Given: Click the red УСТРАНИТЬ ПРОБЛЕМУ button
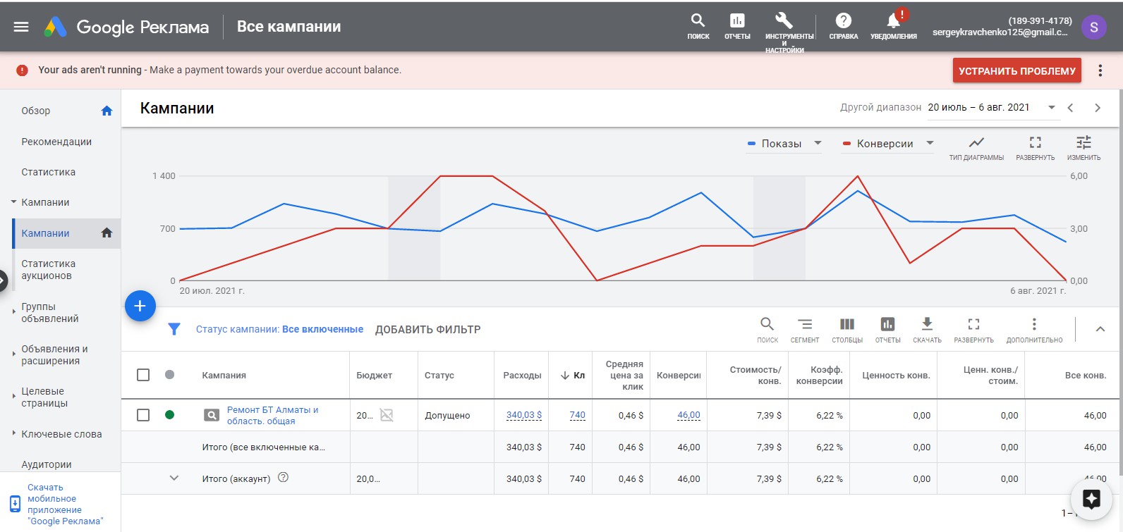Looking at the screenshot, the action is point(1016,70).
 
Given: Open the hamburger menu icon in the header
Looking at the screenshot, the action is point(21,27).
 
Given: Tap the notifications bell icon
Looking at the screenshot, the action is point(893,21).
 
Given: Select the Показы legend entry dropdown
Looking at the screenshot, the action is point(784,144).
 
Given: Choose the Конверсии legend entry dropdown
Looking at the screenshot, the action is point(888,144).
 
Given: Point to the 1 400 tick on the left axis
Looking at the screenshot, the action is point(164,176).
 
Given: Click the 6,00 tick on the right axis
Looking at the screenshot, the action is point(1079,176).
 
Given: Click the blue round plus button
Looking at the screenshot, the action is point(140,306).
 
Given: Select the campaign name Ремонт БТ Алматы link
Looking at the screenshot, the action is point(273,415).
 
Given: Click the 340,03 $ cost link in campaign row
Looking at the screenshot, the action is point(524,415).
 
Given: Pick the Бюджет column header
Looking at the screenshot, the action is point(374,375).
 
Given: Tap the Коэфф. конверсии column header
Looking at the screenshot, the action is point(819,375).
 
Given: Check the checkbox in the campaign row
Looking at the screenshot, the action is point(143,415).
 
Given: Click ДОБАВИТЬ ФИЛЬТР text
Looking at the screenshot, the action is point(427,330).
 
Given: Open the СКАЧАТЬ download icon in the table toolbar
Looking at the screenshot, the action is point(927,324).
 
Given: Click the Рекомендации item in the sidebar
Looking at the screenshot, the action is point(56,142).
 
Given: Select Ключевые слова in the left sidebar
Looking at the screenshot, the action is point(61,434).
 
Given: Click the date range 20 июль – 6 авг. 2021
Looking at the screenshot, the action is point(978,108).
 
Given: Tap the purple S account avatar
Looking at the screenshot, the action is point(1094,27).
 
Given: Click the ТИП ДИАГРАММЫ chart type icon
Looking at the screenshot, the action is point(976,143).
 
